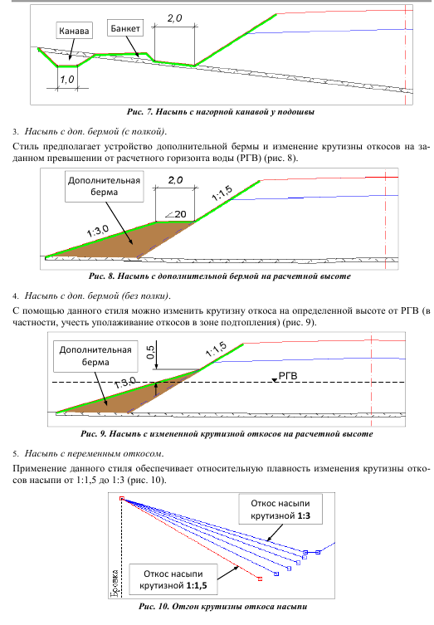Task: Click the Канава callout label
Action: pyautogui.click(x=74, y=31)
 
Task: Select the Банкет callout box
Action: pyautogui.click(x=125, y=28)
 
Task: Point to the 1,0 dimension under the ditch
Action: pyautogui.click(x=67, y=80)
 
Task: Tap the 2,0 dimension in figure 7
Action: pyautogui.click(x=174, y=18)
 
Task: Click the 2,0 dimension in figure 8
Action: pyautogui.click(x=175, y=180)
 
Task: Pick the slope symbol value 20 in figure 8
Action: pyautogui.click(x=176, y=214)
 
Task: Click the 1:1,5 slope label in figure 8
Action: pyautogui.click(x=222, y=193)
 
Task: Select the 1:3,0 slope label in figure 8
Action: pyautogui.click(x=98, y=232)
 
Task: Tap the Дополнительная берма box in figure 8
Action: pyautogui.click(x=105, y=187)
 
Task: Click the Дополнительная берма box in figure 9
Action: pyautogui.click(x=95, y=356)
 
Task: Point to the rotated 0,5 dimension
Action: pyautogui.click(x=151, y=352)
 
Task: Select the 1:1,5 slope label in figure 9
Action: pyautogui.click(x=216, y=349)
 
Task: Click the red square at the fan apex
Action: pyautogui.click(x=122, y=498)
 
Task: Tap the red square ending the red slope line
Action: pyautogui.click(x=260, y=579)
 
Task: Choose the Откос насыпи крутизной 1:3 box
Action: pyautogui.click(x=280, y=510)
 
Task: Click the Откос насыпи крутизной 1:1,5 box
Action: pyautogui.click(x=173, y=579)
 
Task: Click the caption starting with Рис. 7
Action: pyautogui.click(x=221, y=111)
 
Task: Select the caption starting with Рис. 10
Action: pyautogui.click(x=222, y=607)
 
